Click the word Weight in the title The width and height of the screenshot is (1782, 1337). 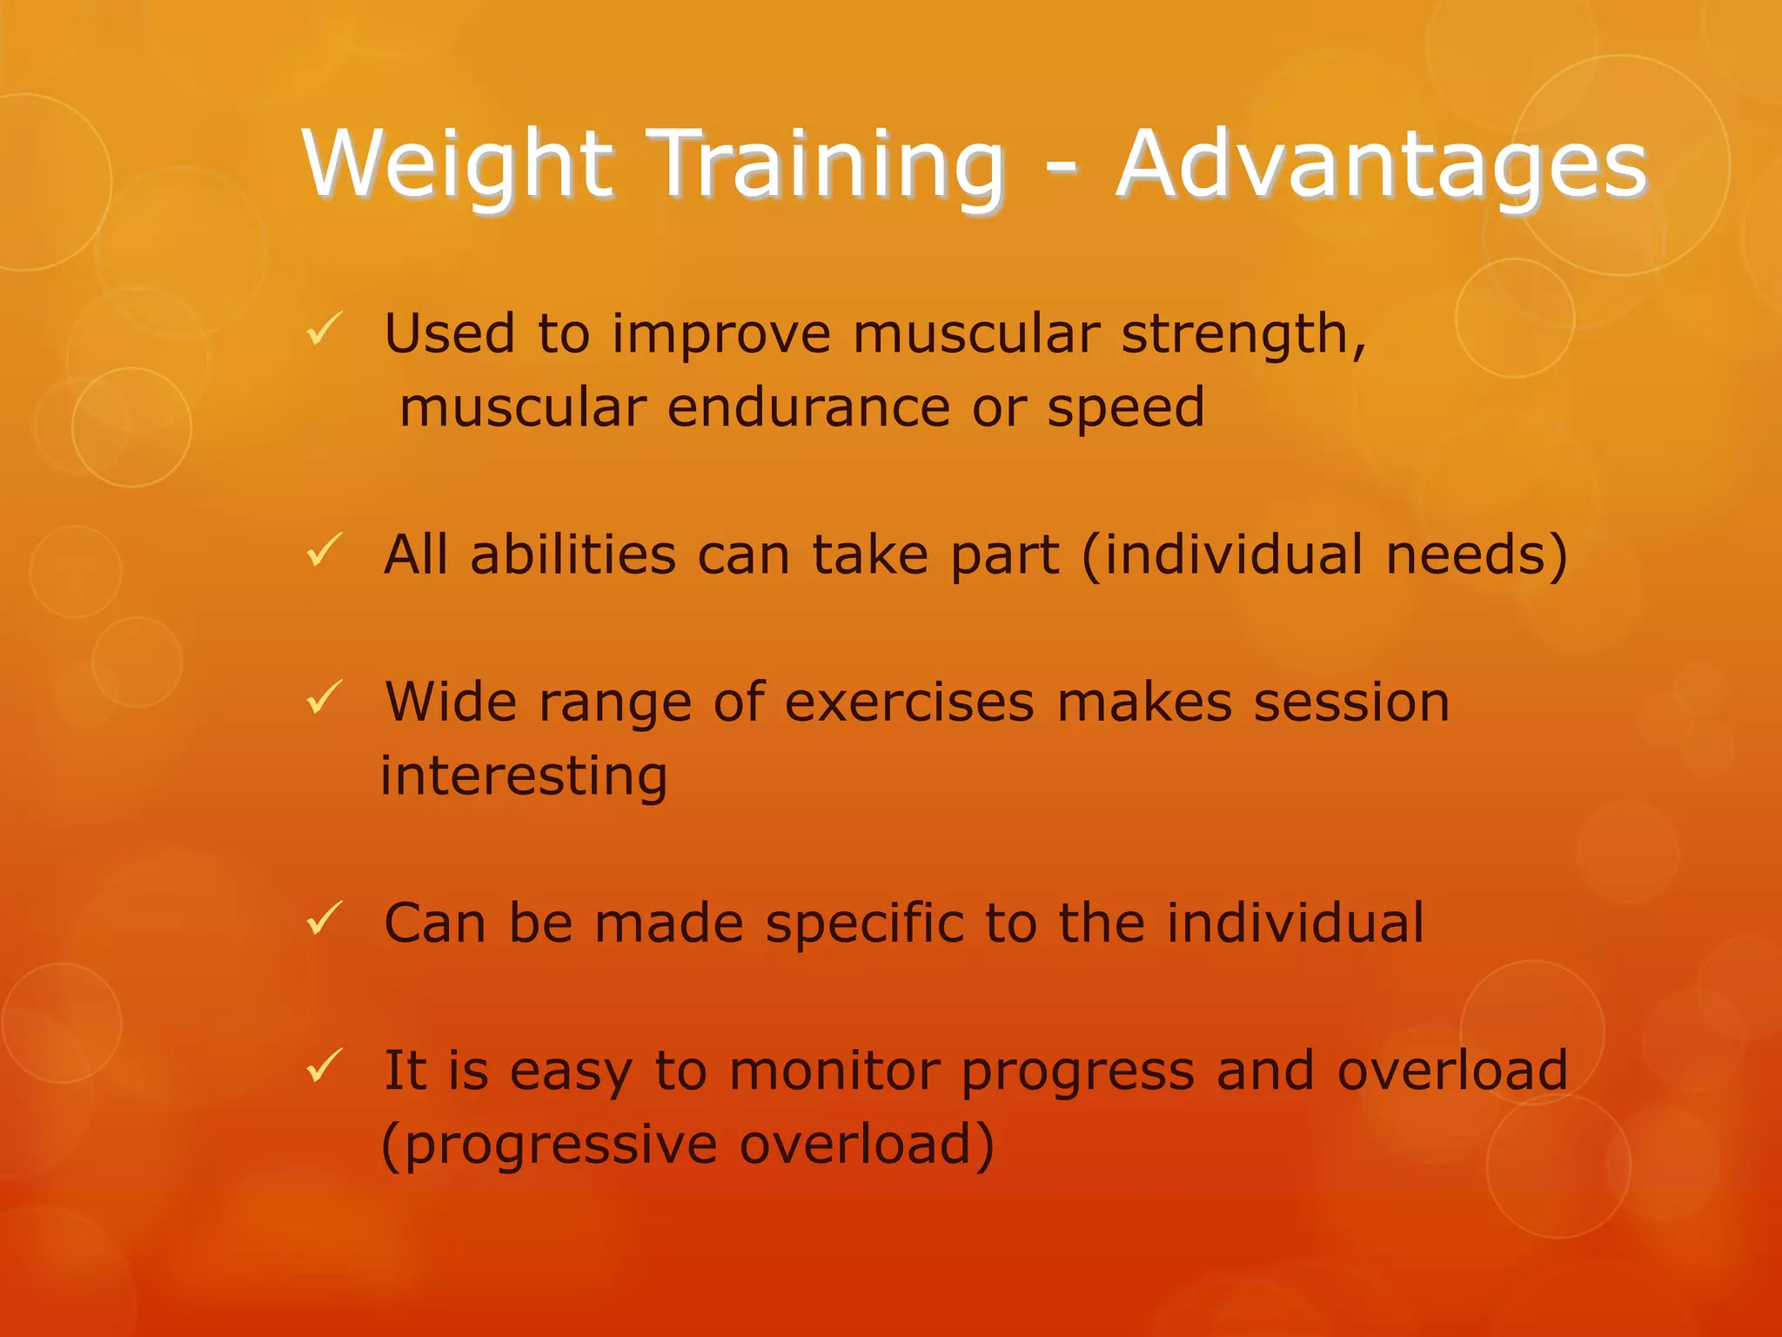(458, 165)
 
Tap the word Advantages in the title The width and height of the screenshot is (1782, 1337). (1382, 165)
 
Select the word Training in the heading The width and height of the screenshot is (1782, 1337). (827, 165)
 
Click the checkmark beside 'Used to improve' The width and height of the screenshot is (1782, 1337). (325, 330)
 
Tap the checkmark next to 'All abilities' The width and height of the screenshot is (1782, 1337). (325, 551)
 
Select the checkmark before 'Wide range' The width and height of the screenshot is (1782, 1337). (325, 698)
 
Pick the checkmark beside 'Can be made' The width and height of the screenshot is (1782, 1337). (325, 919)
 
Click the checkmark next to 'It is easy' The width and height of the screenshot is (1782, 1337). (325, 1066)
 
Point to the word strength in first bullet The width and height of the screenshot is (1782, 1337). (1243, 335)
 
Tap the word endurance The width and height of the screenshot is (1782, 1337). (808, 407)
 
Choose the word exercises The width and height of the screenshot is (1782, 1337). (909, 702)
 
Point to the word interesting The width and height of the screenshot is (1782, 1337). (524, 776)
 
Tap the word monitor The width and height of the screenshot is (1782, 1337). (834, 1071)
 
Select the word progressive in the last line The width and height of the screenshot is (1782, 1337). (560, 1146)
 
